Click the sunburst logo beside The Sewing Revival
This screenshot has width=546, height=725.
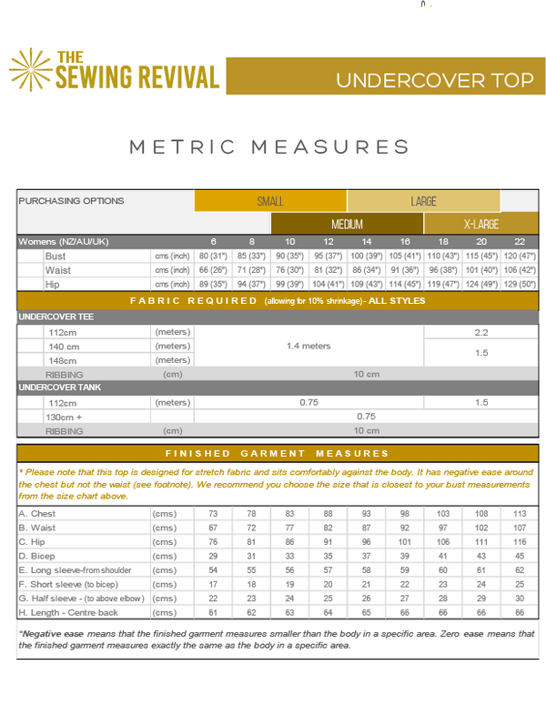[x=31, y=70]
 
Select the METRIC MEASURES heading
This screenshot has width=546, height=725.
[x=269, y=146]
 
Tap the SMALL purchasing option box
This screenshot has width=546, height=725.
[x=270, y=201]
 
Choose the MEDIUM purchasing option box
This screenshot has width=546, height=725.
[x=347, y=224]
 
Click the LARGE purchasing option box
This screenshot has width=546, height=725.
[x=423, y=201]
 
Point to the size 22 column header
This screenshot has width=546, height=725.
[x=519, y=241]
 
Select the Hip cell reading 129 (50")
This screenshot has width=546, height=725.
[x=519, y=285]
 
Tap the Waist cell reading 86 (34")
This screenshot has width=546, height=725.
[x=367, y=270]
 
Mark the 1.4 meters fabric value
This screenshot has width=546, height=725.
[x=308, y=346]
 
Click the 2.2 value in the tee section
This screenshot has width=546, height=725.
[x=480, y=332]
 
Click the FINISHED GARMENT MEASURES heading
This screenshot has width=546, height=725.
[x=276, y=453]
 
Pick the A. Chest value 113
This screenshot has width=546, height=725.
[x=520, y=514]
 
